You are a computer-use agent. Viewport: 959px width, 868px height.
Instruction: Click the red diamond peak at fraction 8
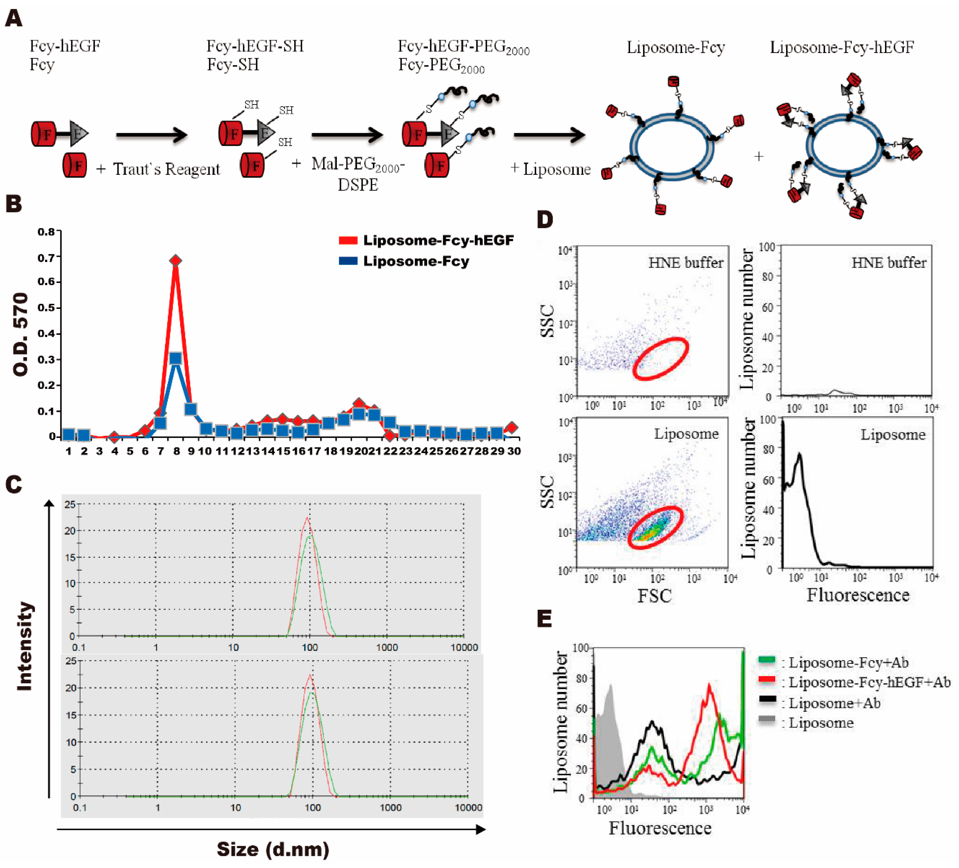point(176,260)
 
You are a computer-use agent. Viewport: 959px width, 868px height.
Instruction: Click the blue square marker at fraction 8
point(176,359)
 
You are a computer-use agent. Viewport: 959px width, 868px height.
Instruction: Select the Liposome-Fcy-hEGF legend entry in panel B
point(438,241)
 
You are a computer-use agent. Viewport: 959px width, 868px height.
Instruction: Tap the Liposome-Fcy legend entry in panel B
point(416,262)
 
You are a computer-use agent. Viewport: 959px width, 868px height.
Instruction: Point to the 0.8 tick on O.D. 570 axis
point(47,232)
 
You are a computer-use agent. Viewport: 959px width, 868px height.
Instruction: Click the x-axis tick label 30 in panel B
point(514,451)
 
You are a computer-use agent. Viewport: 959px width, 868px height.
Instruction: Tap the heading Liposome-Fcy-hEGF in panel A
point(842,48)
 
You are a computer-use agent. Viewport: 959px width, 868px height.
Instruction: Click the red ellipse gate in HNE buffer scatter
point(660,359)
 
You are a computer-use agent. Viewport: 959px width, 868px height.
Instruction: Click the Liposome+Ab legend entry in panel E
point(835,703)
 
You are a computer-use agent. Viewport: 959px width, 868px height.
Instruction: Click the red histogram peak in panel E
point(709,685)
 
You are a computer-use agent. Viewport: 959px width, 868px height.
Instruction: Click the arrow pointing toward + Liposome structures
point(549,135)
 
